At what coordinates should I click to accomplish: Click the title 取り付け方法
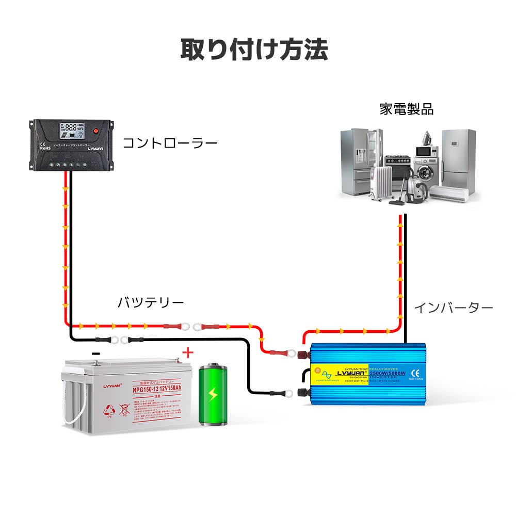point(254,50)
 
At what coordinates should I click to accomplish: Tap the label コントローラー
point(169,143)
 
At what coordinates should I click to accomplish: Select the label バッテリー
point(150,302)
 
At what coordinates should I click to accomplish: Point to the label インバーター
point(454,308)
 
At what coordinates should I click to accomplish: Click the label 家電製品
point(406,109)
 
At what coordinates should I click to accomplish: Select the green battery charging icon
point(213,394)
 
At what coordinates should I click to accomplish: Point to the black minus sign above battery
point(96,353)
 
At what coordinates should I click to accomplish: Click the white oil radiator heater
point(382,183)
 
